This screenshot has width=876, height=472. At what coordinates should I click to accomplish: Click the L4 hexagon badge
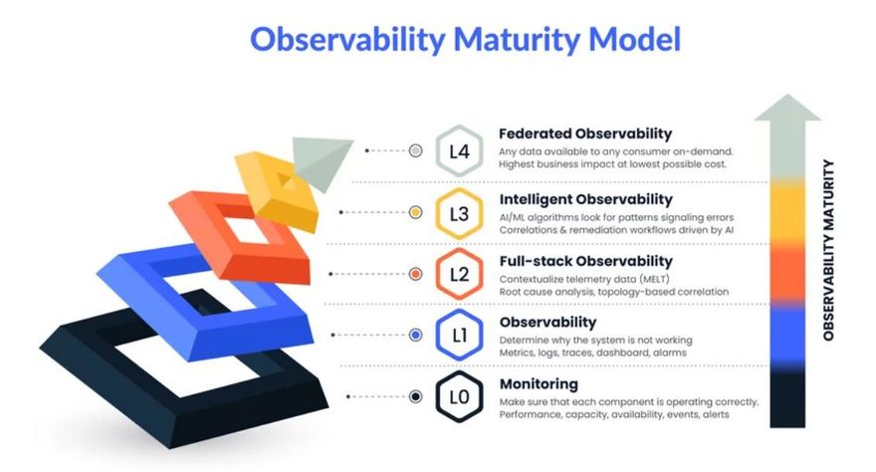[x=459, y=150]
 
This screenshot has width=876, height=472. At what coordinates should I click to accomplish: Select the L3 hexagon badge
[x=459, y=213]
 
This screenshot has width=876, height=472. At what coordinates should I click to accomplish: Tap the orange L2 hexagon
[x=459, y=274]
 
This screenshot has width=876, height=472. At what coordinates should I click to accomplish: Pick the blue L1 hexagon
[x=459, y=336]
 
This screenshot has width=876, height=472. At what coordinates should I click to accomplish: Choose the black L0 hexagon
[x=459, y=396]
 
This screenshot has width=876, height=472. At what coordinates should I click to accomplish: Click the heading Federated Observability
[x=585, y=134]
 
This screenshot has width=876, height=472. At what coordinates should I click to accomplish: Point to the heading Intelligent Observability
[x=585, y=199]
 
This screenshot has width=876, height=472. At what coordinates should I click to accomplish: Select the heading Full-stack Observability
[x=585, y=261]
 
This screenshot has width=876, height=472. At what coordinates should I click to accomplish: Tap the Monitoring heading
[x=539, y=383]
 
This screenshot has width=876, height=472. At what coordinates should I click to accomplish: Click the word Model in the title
[x=635, y=39]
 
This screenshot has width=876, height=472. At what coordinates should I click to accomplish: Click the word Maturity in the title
[x=517, y=40]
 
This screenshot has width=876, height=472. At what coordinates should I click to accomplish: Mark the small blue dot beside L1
[x=415, y=336]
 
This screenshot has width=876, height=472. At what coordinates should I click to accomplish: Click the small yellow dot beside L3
[x=415, y=212]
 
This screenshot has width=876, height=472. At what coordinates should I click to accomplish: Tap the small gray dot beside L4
[x=415, y=150]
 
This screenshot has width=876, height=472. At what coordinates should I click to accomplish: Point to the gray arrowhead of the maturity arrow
[x=787, y=108]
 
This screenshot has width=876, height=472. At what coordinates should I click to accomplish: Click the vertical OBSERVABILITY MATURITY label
[x=828, y=250]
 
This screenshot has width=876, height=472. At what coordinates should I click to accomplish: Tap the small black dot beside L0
[x=415, y=396]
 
